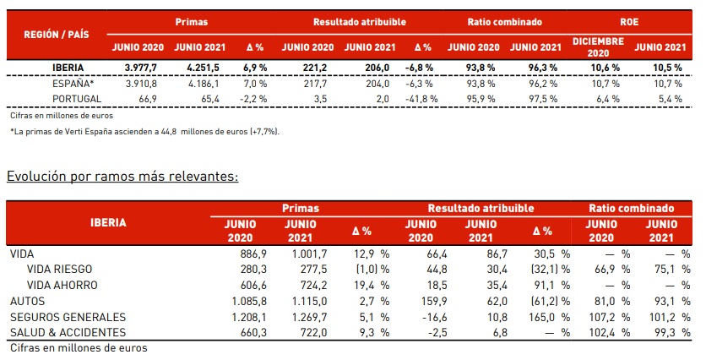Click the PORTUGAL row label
77,98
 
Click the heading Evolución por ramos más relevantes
122,177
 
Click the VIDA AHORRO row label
62,285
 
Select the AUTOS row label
29,301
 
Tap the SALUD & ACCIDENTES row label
68,332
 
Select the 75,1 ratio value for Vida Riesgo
658,269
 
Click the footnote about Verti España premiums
144,132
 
